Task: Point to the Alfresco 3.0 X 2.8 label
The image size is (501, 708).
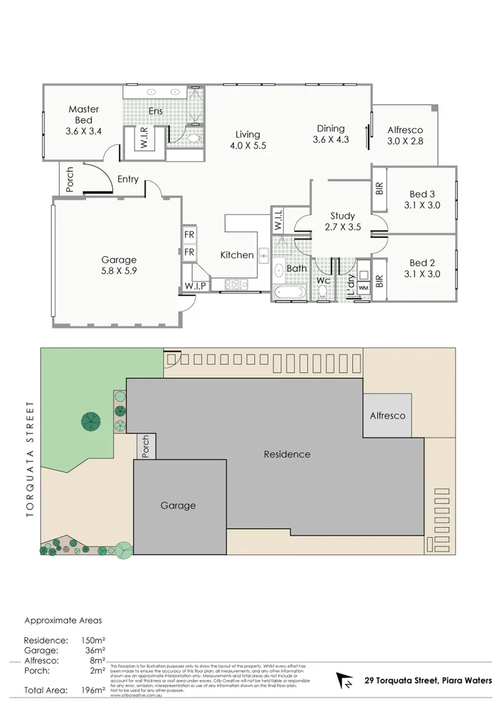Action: pos(405,135)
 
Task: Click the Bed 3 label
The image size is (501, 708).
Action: pos(422,199)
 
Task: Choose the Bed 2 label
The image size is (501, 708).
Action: pos(422,268)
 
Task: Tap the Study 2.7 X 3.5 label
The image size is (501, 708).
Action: pos(342,221)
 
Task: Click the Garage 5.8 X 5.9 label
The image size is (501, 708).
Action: pos(119,265)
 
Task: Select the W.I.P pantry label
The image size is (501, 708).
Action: pos(195,286)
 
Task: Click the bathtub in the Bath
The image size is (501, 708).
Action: pos(289,292)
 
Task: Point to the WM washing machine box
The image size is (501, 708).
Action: pos(363,287)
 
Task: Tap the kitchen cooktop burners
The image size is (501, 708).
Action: pos(236,285)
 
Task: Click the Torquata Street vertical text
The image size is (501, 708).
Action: pos(30,459)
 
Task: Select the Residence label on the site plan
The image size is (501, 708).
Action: pos(287,454)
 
